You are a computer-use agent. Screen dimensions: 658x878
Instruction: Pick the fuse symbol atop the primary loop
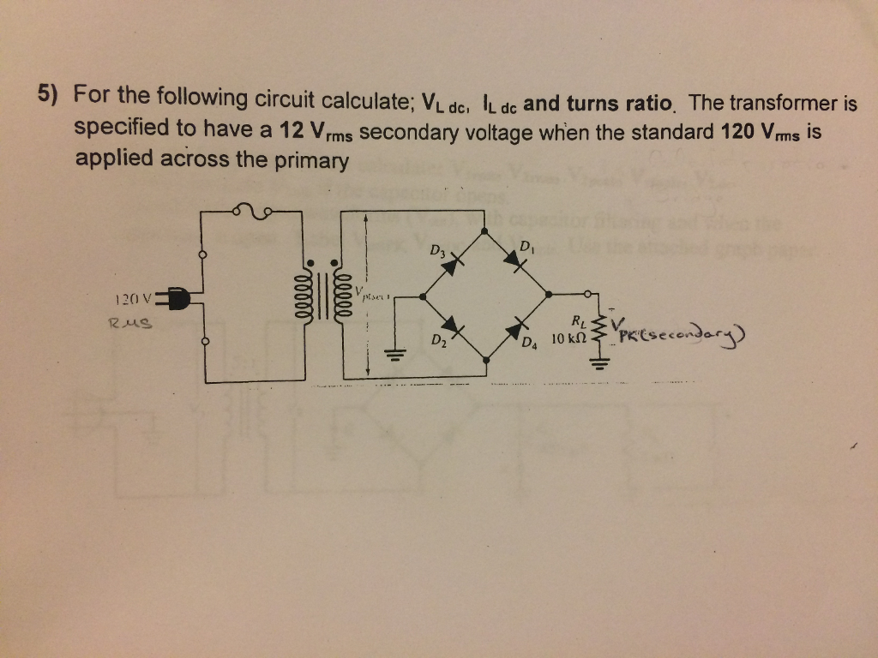click(253, 210)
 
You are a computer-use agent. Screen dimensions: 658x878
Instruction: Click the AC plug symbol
click(176, 299)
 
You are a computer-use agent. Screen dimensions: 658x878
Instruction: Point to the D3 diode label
click(437, 252)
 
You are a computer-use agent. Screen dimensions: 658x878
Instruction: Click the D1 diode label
click(526, 248)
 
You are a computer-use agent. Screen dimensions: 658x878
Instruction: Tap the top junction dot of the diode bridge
click(484, 231)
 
